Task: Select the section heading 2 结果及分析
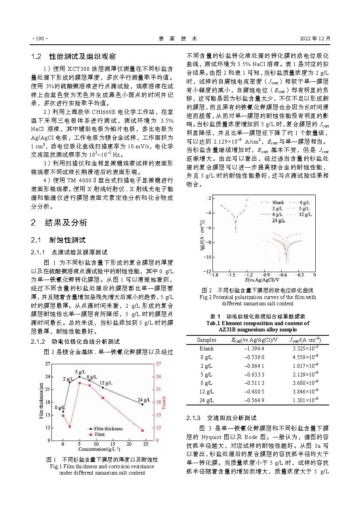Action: coord(59,223)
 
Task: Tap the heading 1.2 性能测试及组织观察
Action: coord(73,56)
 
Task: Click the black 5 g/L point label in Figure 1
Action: coord(81,372)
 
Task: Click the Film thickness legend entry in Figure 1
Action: coord(105,429)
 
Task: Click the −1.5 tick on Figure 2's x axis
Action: coord(231,274)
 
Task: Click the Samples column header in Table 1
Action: coord(207,340)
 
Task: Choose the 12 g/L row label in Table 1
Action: coord(207,392)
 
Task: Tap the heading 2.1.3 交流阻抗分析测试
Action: coord(221,418)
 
